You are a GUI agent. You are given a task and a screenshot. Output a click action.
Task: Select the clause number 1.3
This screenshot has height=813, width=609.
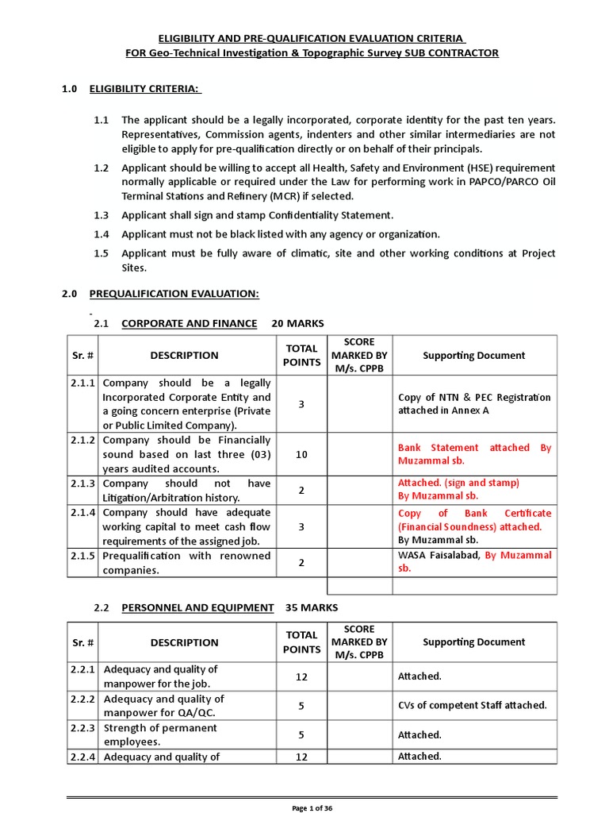coord(101,215)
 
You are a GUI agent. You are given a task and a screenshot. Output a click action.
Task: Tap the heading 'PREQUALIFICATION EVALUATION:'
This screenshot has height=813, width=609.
coord(174,294)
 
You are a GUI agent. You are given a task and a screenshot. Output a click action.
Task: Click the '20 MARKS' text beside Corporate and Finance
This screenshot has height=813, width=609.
coord(297,323)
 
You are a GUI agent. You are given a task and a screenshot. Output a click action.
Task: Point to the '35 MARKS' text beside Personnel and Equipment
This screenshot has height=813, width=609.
coord(306,607)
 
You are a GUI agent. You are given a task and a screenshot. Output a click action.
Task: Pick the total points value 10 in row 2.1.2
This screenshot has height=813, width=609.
coord(301,453)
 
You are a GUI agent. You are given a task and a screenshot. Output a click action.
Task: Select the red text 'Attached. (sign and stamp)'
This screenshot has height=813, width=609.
coord(458,483)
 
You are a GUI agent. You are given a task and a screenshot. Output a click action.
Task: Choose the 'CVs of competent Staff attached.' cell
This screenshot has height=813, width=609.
coord(472,705)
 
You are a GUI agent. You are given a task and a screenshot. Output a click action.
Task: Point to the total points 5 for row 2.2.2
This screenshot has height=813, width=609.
coord(301,705)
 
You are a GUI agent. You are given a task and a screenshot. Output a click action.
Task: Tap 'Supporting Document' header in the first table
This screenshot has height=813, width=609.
coord(474,356)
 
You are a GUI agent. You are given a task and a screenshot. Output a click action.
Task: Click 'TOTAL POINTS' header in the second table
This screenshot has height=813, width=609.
coord(301,642)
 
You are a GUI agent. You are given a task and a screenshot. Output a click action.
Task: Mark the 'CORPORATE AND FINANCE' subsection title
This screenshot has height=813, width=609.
coord(189,323)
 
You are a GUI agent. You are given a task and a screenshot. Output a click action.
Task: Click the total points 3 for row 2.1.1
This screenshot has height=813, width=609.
coord(301,404)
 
